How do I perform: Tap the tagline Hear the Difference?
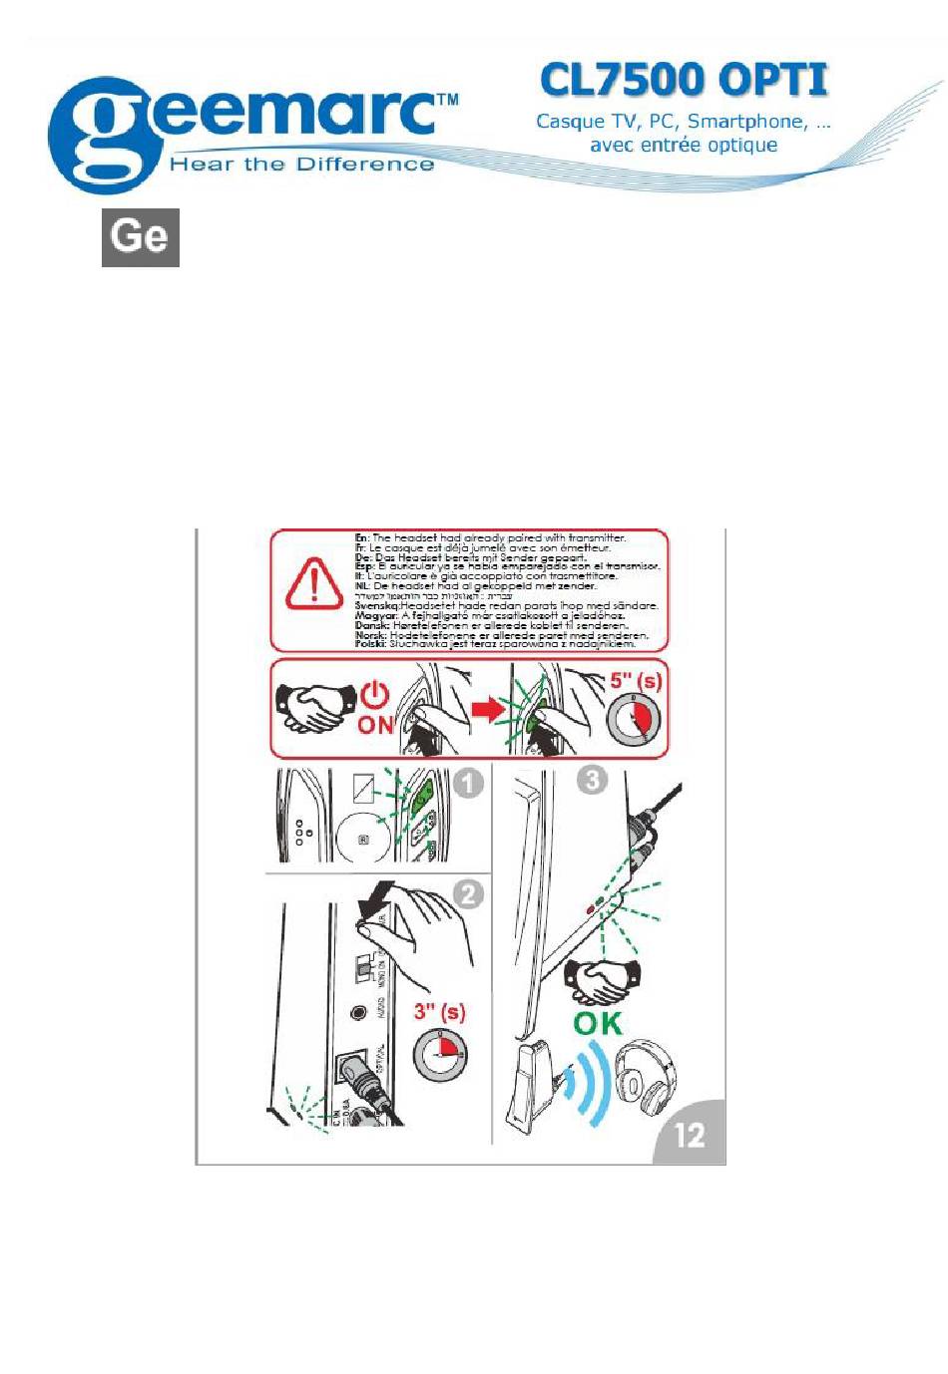(301, 165)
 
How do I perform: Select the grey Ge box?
(141, 237)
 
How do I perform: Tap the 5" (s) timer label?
(636, 682)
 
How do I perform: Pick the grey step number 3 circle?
(592, 779)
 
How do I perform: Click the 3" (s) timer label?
(439, 1012)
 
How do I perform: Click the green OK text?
(598, 1023)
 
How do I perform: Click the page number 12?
(690, 1135)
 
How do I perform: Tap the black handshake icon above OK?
(602, 981)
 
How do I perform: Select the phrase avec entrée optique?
(684, 146)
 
